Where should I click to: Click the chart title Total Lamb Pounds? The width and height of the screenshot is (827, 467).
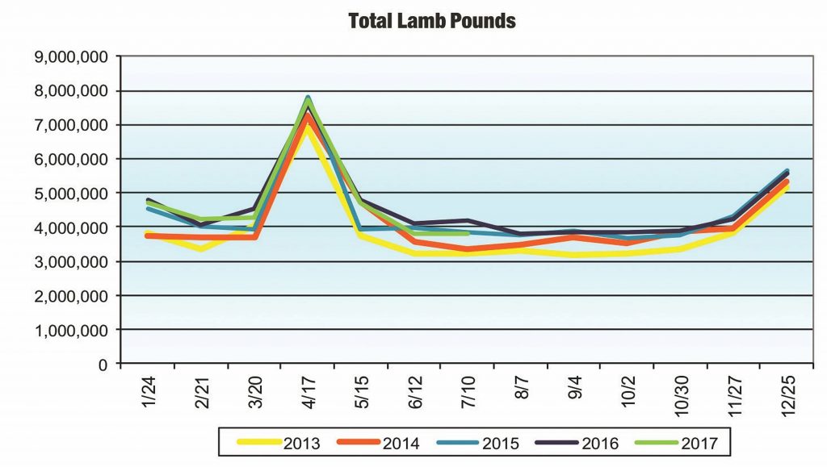click(431, 21)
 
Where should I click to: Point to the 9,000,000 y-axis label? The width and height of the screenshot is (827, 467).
click(70, 57)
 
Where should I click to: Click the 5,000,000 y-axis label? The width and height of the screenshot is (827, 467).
click(70, 194)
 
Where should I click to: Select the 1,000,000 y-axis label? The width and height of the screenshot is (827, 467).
click(70, 331)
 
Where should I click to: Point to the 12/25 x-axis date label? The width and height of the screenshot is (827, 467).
click(786, 395)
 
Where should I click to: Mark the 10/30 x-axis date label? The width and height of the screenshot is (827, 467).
click(680, 395)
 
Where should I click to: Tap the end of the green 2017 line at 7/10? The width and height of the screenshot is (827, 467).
click(468, 234)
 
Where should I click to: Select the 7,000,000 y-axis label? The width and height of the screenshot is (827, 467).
click(70, 126)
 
